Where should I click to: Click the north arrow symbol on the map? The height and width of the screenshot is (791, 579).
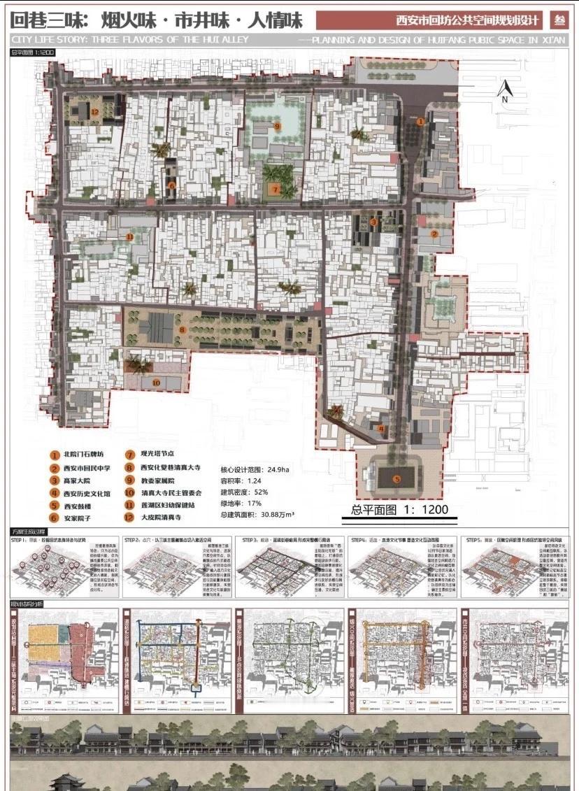coord(503,90)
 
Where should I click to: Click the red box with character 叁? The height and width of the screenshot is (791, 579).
coord(559,20)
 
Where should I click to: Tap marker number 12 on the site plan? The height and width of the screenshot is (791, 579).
coord(93,111)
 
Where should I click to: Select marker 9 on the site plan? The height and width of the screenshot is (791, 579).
coord(278,126)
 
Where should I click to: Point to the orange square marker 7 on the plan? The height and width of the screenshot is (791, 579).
coord(276,189)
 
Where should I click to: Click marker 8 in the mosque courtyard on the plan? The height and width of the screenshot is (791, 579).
coord(182,328)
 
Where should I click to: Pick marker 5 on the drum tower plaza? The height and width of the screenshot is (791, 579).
coord(396,480)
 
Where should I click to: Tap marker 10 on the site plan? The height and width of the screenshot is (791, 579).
coord(155,382)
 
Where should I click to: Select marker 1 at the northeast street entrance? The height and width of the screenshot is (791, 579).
coord(420,121)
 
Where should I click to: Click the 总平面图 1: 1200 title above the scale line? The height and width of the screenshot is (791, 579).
coord(399,510)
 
